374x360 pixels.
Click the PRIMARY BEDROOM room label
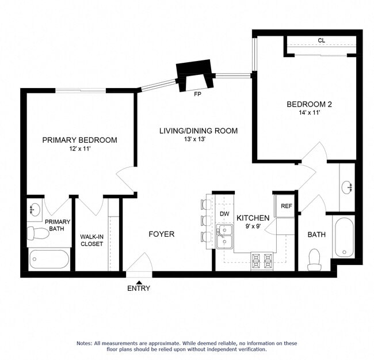79,140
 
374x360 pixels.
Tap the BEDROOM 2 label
309,104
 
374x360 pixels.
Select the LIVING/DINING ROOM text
199,131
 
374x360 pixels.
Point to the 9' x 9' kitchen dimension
253,227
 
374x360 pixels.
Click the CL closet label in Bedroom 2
321,41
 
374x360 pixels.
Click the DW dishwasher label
224,214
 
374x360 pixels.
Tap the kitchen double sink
224,237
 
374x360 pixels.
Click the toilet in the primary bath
38,233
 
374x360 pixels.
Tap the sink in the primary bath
35,209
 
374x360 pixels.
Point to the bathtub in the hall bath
344,236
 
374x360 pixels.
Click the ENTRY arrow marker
138,281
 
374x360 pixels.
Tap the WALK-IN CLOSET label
91,240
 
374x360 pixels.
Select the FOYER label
161,234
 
